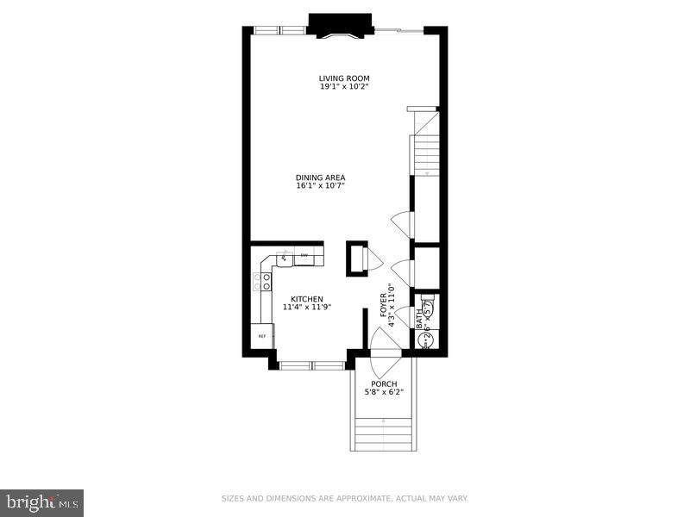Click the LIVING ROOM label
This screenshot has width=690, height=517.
(344, 78)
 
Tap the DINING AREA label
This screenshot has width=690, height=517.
(320, 178)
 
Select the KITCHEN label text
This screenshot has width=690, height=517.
(306, 299)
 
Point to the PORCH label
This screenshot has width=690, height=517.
(384, 383)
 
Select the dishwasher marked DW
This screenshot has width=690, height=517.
(304, 256)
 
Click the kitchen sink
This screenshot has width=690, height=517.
(284, 258)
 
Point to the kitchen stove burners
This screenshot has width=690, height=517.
(261, 282)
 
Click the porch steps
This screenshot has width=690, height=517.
(384, 430)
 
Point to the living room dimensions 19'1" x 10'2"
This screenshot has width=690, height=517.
(344, 87)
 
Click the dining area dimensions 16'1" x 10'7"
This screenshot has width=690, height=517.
(320, 186)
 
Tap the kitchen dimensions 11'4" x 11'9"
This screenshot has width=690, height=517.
(306, 308)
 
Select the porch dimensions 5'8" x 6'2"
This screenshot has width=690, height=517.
(384, 392)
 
